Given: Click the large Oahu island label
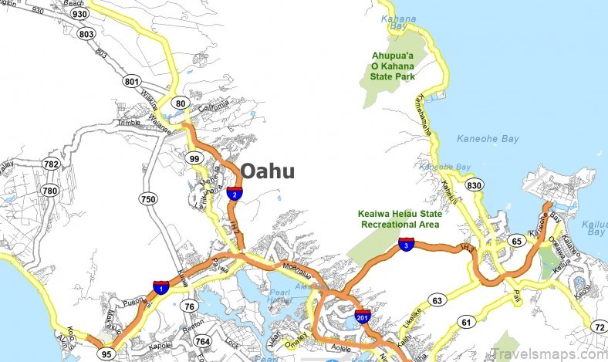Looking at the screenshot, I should click(x=267, y=171).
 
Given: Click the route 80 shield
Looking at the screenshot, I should click(x=181, y=103).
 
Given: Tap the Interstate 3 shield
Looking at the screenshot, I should click(x=406, y=245).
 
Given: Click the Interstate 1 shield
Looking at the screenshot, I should click(x=160, y=287).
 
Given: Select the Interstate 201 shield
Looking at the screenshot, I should click(x=362, y=316).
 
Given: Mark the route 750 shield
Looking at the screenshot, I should click(x=148, y=199).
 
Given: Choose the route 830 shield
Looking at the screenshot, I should click(x=475, y=185).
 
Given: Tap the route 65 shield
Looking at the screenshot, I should click(x=516, y=242).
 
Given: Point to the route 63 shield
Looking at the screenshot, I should click(x=438, y=300).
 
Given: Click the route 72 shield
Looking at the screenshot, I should click(x=599, y=328).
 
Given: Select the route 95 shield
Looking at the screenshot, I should click(x=106, y=354).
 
